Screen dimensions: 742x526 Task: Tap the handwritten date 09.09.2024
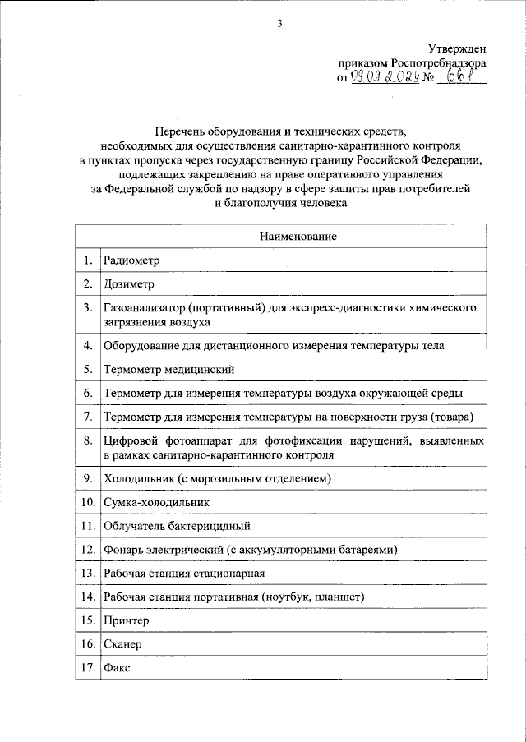(x=385, y=78)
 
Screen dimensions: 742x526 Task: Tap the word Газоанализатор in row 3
(x=142, y=308)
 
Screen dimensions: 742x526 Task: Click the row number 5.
(x=87, y=370)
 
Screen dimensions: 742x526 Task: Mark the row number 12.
(x=87, y=548)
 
